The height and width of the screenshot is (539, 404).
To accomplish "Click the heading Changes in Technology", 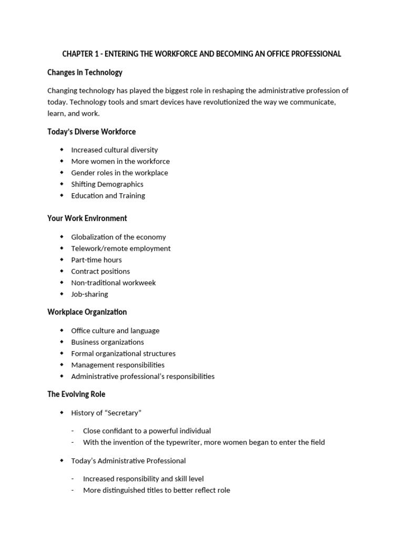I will coord(85,72).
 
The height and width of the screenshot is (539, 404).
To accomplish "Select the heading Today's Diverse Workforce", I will coord(92,132).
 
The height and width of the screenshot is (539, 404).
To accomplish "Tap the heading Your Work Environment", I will coord(87,218).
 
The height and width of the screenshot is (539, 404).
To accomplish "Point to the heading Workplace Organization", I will coord(87,312).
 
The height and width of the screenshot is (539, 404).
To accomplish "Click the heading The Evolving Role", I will coord(76,394).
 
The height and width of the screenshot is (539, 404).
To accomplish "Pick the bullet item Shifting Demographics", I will coord(107,184).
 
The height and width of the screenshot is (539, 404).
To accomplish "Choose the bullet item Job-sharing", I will coord(89,294).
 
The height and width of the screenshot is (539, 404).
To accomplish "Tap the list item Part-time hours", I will coord(96,260).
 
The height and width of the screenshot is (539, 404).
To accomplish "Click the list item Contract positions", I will coord(100,272).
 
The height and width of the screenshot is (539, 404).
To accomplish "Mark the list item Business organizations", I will coord(107,342).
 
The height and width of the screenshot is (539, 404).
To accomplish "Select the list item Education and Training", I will coord(108,196).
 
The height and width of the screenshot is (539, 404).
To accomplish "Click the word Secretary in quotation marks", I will coord(122,413).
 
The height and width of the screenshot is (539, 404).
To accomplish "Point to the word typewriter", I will coord(183,442).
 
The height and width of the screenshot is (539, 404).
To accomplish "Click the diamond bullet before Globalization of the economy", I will coord(62,237).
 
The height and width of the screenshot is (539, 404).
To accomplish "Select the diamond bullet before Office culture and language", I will coord(62,331).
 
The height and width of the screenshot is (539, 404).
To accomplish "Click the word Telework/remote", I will coord(101,248).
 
